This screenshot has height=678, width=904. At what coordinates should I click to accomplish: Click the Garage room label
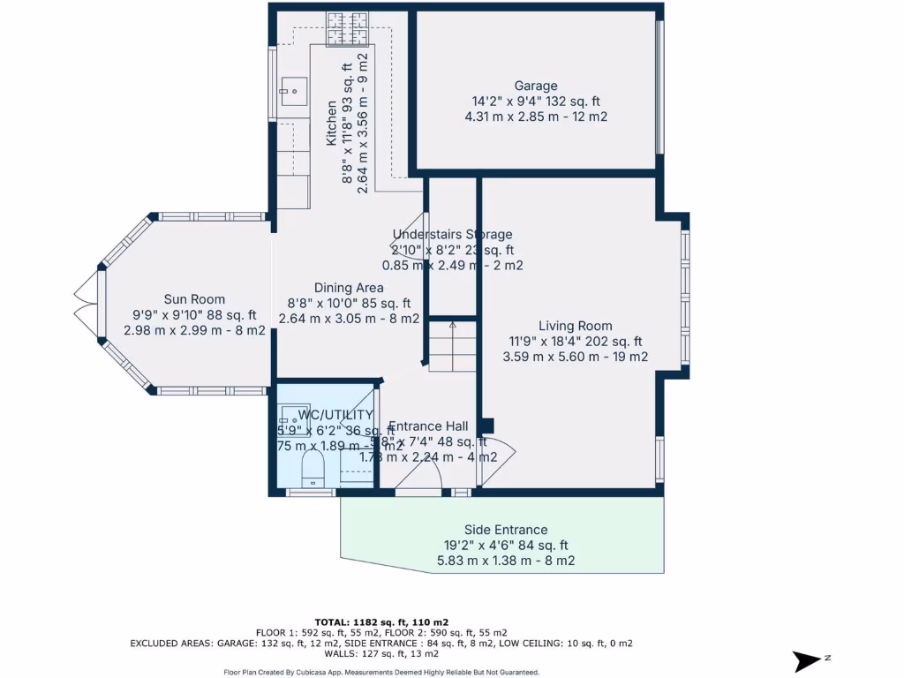(x=536, y=86)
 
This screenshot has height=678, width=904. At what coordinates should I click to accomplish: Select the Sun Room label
(x=194, y=299)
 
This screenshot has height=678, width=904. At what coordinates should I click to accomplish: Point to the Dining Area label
(x=349, y=288)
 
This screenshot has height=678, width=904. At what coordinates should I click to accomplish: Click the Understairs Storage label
(x=452, y=235)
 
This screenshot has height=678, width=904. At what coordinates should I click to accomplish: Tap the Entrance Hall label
(x=428, y=426)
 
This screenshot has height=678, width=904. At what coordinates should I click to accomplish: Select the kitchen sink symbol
(x=293, y=89)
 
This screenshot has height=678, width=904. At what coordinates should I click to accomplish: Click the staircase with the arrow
(x=452, y=345)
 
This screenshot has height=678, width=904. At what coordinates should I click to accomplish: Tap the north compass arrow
(x=809, y=660)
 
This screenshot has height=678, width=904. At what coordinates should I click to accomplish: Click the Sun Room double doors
(x=85, y=302)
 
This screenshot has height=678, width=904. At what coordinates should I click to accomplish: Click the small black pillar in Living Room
(x=486, y=426)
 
